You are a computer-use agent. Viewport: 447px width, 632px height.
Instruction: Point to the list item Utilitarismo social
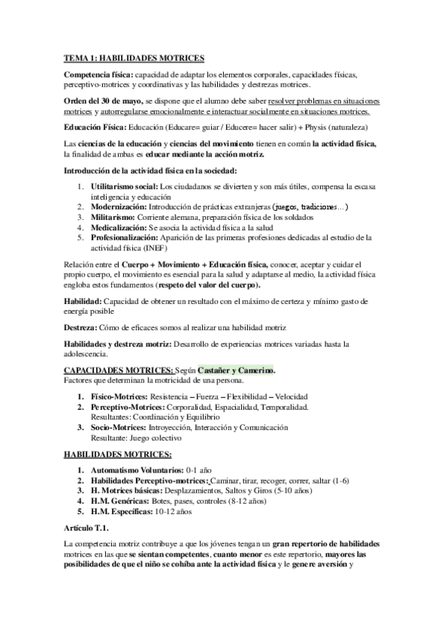[124, 186]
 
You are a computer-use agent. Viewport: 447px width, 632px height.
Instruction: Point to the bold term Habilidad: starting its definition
[84, 299]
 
